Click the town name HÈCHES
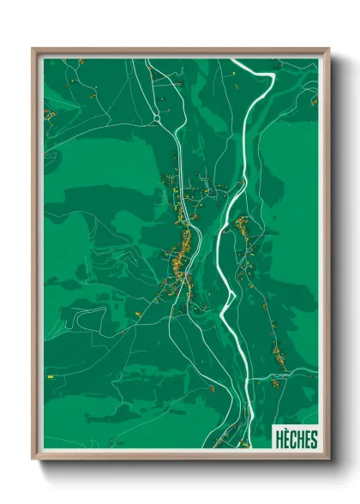296,440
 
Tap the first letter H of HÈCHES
280,440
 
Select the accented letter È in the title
287,440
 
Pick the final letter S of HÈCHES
313,440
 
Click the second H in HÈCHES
300,440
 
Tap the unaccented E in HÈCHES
307,440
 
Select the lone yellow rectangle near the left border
51,375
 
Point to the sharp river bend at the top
271,76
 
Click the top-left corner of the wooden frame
33,49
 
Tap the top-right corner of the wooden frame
327,49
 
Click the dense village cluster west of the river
180,253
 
